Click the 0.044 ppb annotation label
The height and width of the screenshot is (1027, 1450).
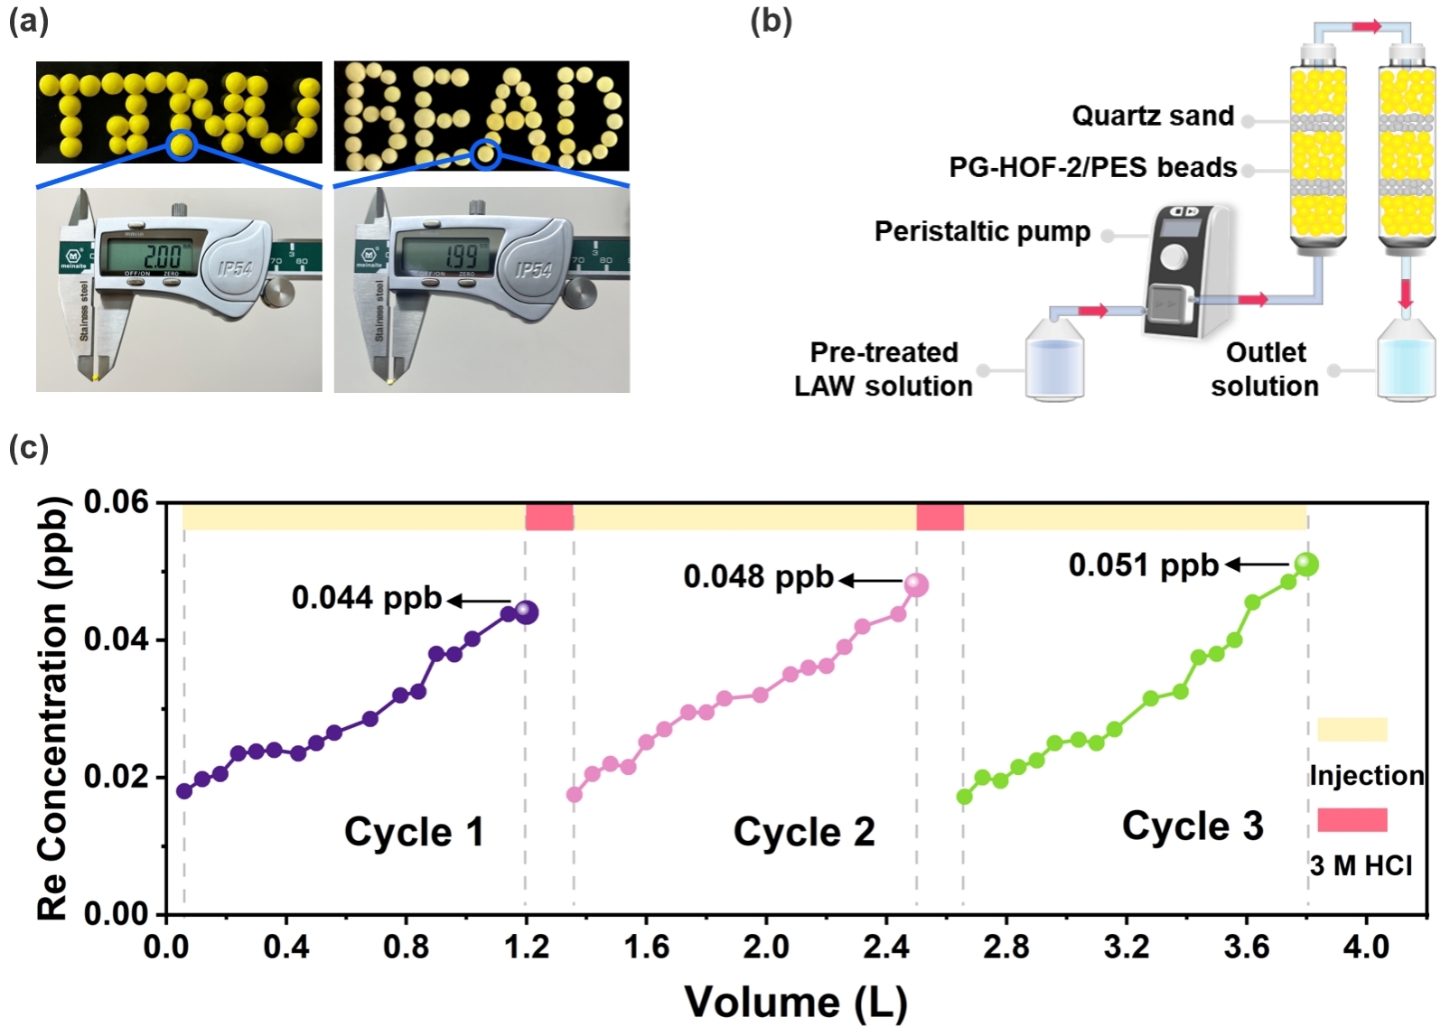pyautogui.click(x=366, y=598)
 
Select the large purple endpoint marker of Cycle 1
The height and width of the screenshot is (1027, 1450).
pyautogui.click(x=526, y=612)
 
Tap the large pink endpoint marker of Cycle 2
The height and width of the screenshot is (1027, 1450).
pyautogui.click(x=916, y=585)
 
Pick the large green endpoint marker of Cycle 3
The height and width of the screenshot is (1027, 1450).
pyautogui.click(x=1306, y=565)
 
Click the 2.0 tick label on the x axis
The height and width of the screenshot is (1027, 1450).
pyautogui.click(x=766, y=947)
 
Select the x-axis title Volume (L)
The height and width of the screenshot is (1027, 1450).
pyautogui.click(x=795, y=1002)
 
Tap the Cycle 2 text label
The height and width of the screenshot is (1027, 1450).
pyautogui.click(x=804, y=832)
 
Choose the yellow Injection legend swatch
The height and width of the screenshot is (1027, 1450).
pyautogui.click(x=1352, y=730)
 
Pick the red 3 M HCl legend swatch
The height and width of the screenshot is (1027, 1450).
pyautogui.click(x=1352, y=820)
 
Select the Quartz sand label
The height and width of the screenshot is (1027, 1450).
pyautogui.click(x=1153, y=116)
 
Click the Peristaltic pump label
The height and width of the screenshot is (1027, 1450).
pyautogui.click(x=982, y=231)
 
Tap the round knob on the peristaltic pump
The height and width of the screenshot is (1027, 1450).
pyautogui.click(x=1174, y=257)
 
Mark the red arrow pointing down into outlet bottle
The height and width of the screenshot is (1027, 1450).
pyautogui.click(x=1405, y=294)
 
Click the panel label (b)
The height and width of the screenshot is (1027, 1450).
pyautogui.click(x=771, y=21)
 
